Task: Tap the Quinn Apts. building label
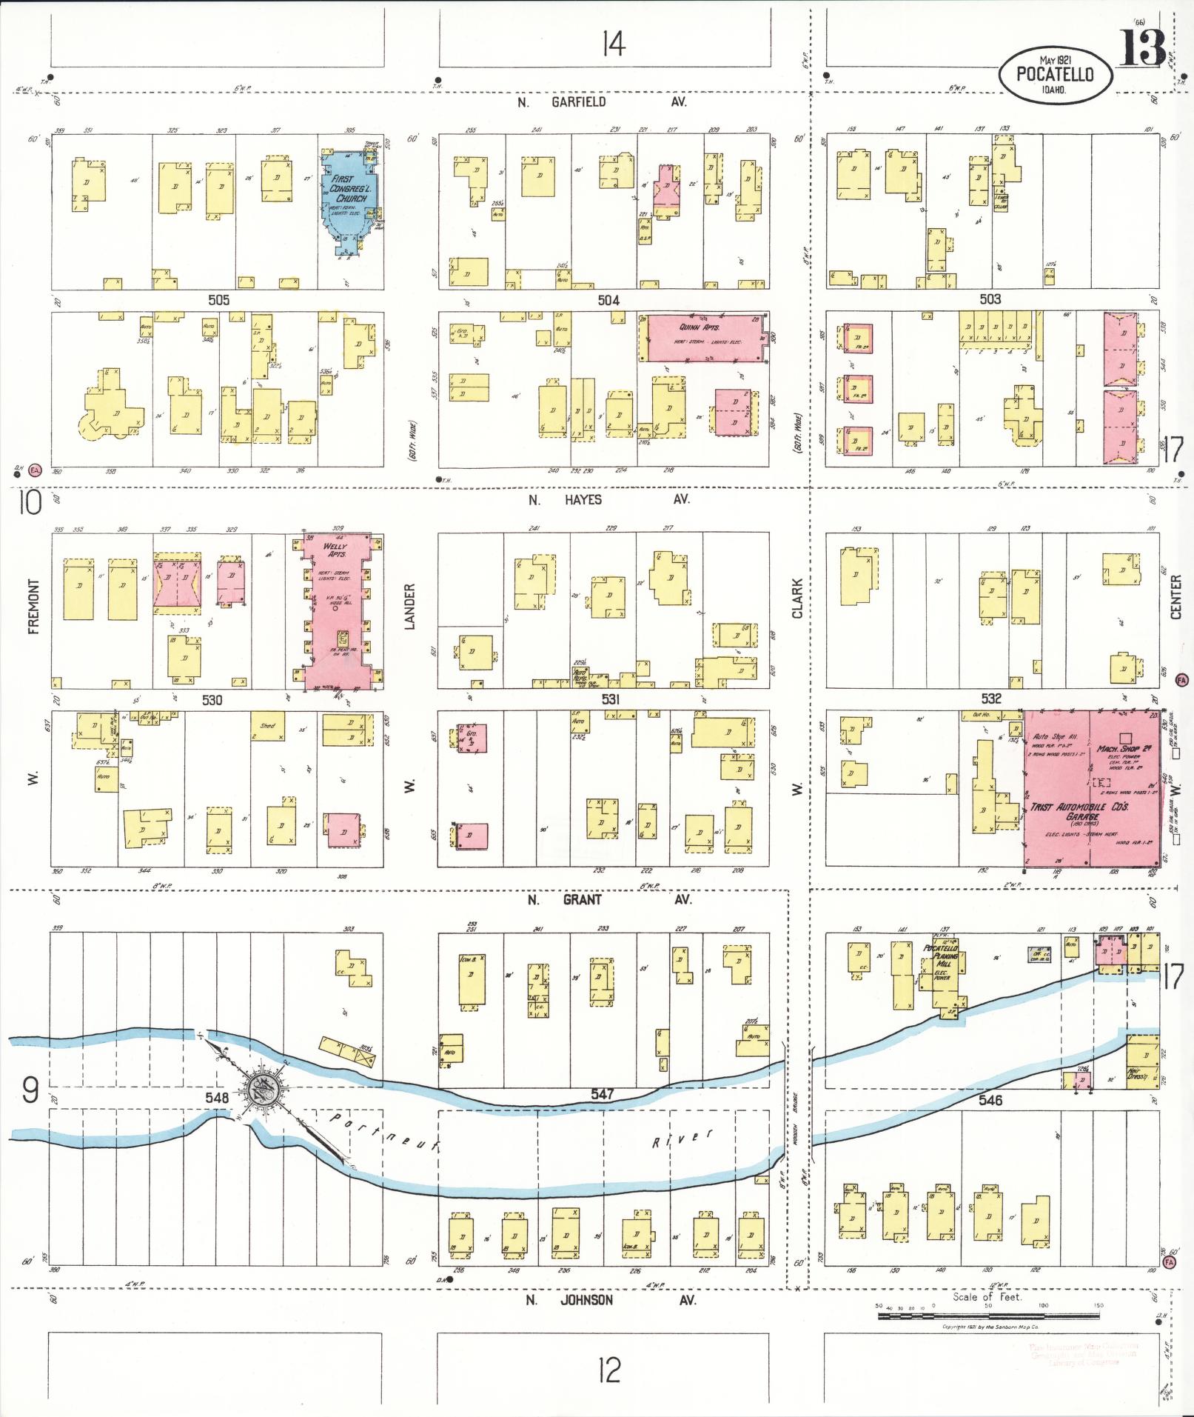[699, 327]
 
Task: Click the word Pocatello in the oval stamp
[1055, 73]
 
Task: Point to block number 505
[218, 300]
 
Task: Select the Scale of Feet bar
[988, 1316]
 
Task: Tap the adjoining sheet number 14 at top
[613, 44]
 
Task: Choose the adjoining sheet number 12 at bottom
[608, 1370]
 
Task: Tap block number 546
[990, 1100]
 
